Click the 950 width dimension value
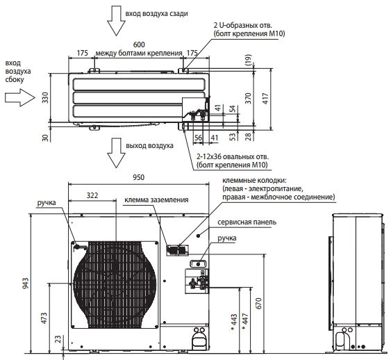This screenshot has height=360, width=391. [x=138, y=177]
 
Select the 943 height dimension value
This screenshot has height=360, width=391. [x=26, y=283]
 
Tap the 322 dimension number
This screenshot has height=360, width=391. [x=92, y=195]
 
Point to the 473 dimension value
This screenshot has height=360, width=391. [x=44, y=318]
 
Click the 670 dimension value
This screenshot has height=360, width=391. [x=258, y=303]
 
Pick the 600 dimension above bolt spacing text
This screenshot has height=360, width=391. [x=139, y=44]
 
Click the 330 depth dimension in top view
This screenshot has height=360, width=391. [x=45, y=97]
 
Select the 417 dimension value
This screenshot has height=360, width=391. [x=265, y=98]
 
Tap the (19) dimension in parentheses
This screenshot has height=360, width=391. [x=249, y=60]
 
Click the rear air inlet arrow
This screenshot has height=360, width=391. [x=116, y=20]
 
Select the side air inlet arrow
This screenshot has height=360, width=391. [x=20, y=97]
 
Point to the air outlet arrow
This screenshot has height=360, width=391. [x=116, y=153]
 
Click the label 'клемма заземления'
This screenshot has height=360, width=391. [x=156, y=200]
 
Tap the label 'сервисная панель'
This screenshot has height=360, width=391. [x=247, y=222]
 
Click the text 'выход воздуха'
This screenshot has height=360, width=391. [x=149, y=146]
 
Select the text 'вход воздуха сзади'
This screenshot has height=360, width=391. [x=156, y=13]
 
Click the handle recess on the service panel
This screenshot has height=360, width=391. [x=198, y=263]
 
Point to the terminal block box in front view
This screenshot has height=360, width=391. [x=178, y=250]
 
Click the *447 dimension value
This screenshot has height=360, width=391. [x=245, y=322]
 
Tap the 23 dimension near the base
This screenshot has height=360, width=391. [x=58, y=339]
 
